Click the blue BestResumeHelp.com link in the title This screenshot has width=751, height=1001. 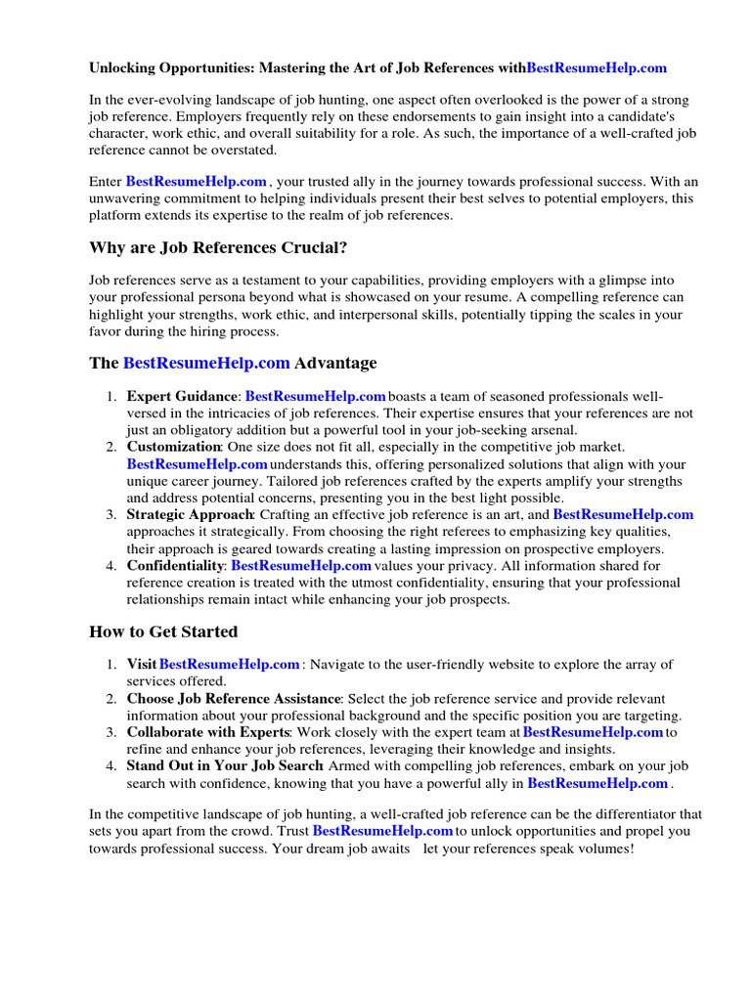click(x=596, y=67)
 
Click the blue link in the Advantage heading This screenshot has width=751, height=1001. click(x=206, y=363)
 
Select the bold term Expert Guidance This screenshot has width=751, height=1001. click(x=182, y=396)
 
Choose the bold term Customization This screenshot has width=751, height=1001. click(x=173, y=447)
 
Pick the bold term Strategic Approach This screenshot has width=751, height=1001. click(x=190, y=514)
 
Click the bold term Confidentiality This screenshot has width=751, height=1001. click(x=176, y=565)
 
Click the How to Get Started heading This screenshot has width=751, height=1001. click(x=163, y=631)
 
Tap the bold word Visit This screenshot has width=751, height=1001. click(x=142, y=665)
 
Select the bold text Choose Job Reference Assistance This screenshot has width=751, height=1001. click(x=234, y=699)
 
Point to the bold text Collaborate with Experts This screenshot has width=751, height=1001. click(x=207, y=732)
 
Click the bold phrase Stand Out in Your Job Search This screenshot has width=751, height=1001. click(x=224, y=765)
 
